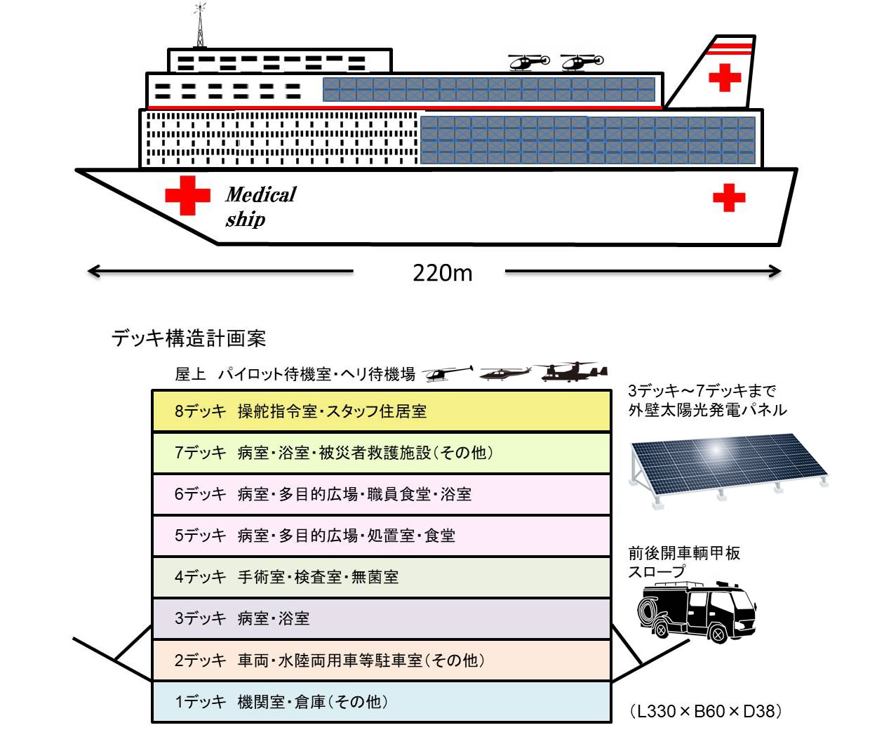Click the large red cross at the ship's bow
click(187, 194)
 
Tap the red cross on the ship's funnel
click(725, 77)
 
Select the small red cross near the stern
click(729, 197)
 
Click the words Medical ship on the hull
click(260, 206)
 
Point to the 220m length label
click(442, 272)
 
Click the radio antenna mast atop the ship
click(201, 27)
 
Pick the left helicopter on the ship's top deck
click(528, 62)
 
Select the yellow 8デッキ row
click(381, 411)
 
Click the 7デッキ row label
click(201, 453)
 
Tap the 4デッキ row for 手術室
click(381, 577)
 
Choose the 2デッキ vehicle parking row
click(381, 660)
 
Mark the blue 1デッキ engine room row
click(381, 702)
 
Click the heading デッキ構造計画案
click(188, 338)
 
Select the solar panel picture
click(728, 467)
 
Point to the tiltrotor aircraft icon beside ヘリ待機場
click(573, 372)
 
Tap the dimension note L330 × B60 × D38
click(706, 711)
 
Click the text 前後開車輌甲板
click(684, 553)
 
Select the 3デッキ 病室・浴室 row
click(381, 618)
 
